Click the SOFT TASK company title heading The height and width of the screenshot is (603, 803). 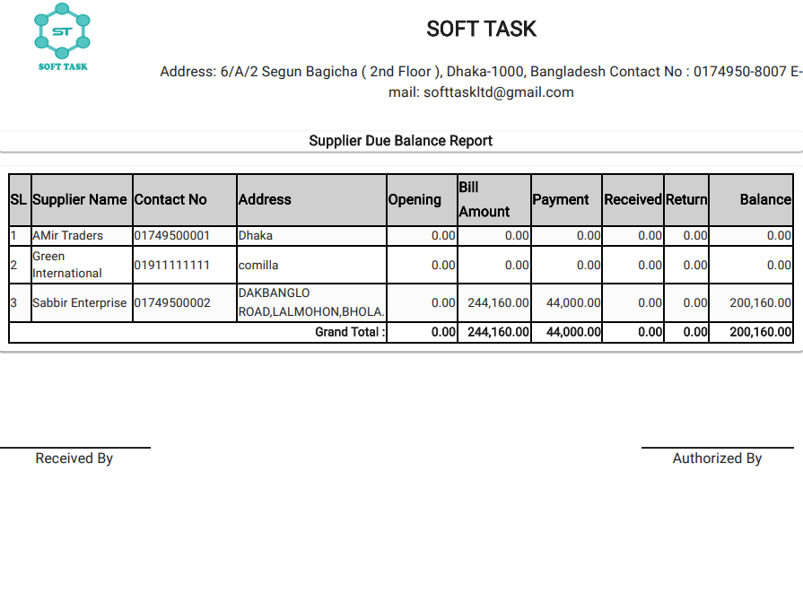481,29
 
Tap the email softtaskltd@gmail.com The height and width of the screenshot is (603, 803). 499,92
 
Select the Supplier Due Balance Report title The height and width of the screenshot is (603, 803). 400,141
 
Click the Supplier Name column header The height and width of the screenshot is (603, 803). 80,199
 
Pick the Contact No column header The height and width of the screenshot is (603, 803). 170,199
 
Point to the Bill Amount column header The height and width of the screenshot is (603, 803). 484,199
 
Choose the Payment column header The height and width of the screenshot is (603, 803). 561,199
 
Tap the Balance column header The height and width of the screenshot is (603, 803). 765,199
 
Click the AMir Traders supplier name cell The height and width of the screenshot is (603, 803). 68,235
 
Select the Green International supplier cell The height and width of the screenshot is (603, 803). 67,265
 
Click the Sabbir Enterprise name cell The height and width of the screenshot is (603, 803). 80,302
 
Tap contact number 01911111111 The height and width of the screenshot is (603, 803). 172,265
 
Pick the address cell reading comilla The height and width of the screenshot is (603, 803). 258,265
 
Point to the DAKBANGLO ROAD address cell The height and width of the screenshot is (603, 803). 311,302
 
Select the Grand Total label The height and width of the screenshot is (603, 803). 350,332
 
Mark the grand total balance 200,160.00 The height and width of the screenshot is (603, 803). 761,332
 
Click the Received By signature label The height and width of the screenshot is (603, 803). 74,459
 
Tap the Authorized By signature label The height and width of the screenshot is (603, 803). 717,459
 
